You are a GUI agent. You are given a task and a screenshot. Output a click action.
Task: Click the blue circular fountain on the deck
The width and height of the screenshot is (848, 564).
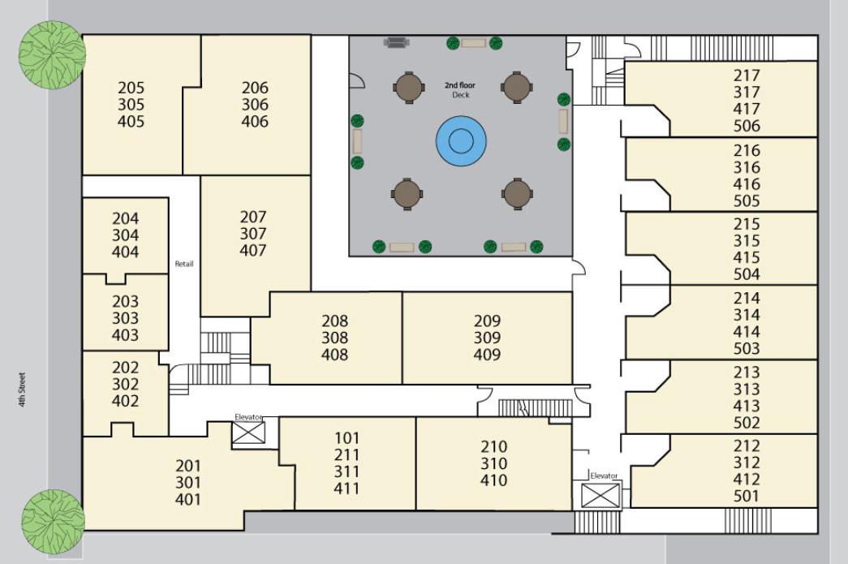point(461,140)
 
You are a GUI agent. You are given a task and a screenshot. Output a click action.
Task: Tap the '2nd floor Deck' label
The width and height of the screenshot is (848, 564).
point(460,90)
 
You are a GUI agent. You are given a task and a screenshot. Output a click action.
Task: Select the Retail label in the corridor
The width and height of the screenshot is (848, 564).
point(184,264)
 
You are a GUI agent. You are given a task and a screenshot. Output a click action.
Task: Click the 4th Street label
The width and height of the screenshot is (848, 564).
point(22,390)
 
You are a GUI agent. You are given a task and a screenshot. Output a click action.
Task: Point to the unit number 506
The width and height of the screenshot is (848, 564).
point(747,126)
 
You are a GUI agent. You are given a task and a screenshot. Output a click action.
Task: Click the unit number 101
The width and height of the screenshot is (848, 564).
point(347,438)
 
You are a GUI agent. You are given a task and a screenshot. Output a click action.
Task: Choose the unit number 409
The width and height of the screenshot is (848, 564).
point(487,355)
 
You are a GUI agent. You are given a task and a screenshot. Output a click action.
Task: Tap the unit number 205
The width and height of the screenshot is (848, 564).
point(131,88)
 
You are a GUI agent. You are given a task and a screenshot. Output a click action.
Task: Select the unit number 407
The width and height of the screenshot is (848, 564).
point(253,251)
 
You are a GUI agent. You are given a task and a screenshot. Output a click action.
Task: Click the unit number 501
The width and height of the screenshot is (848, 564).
point(747,496)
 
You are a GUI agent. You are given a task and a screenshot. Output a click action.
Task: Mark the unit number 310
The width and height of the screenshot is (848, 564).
point(493,463)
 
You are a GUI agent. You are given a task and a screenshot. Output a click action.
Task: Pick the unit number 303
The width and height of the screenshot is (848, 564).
point(125,318)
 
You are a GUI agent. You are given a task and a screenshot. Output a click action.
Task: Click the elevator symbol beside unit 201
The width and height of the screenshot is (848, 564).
point(248,433)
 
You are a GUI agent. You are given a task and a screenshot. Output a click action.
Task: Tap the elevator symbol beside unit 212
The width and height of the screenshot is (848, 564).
point(600,495)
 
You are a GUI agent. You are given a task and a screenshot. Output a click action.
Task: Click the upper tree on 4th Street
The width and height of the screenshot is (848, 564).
point(52,54)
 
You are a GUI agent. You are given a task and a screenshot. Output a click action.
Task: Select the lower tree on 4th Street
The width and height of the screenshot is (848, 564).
point(53,522)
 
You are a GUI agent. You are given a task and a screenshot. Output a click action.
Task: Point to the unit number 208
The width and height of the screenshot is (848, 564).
point(335,321)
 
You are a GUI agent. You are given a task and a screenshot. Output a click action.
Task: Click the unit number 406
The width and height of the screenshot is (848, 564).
point(255,121)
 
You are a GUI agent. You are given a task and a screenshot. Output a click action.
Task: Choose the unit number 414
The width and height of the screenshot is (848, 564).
point(747,332)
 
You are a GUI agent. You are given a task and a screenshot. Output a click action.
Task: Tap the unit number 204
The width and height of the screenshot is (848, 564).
point(126,218)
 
